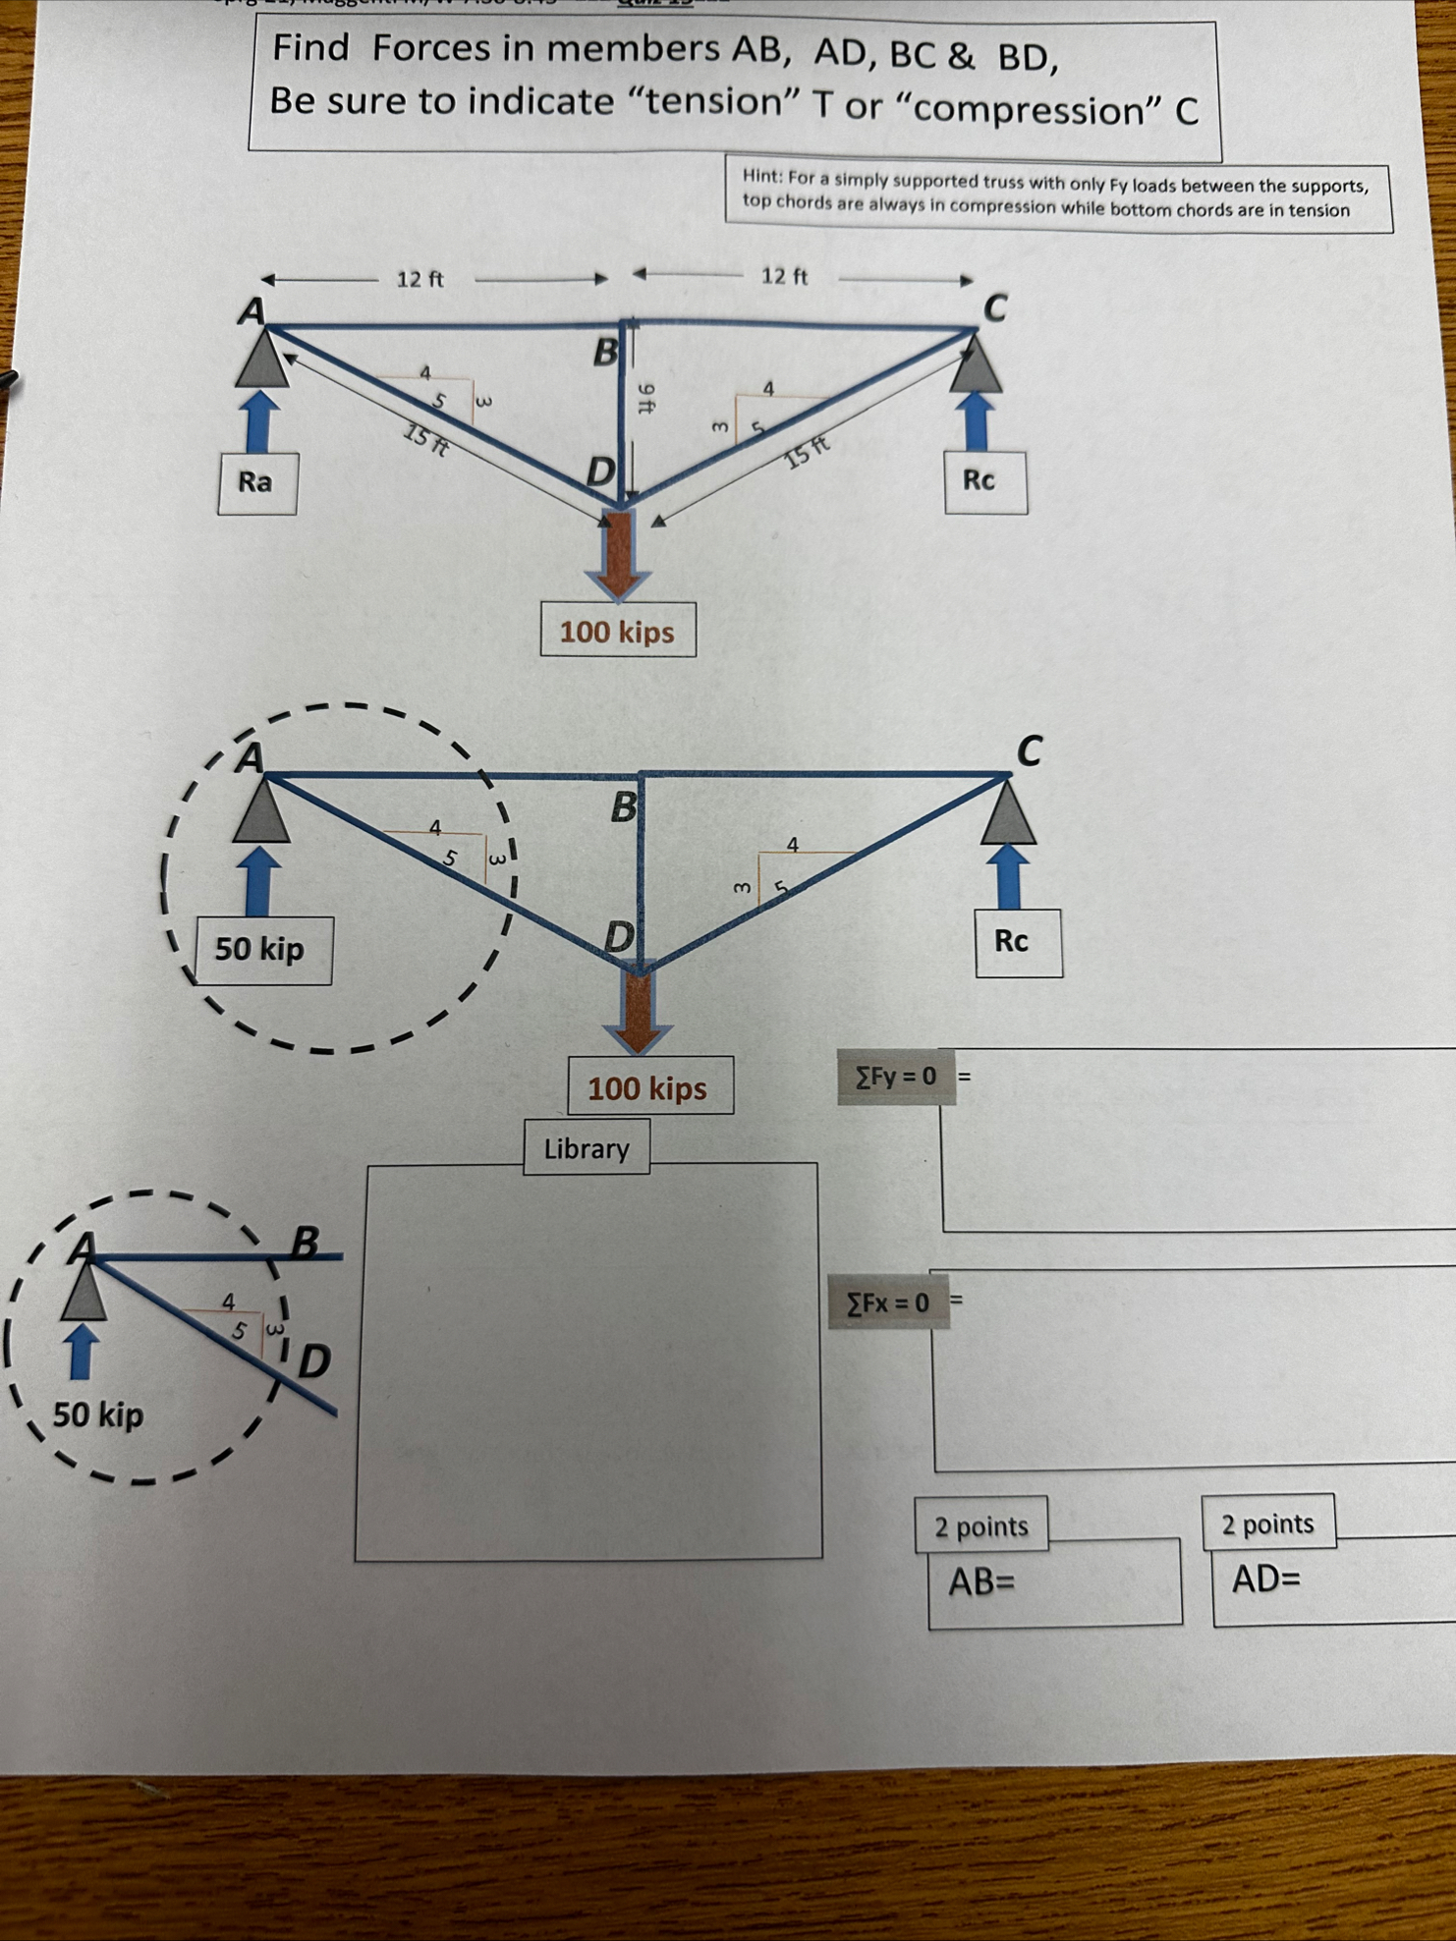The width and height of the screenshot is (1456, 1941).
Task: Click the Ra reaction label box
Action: (x=256, y=482)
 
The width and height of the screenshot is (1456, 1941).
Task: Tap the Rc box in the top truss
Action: (x=984, y=481)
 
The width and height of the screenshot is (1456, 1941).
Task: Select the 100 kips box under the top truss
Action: (x=618, y=631)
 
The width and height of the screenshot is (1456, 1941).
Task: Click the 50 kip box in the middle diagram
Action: (x=261, y=950)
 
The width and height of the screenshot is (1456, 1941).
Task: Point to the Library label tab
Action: (x=587, y=1148)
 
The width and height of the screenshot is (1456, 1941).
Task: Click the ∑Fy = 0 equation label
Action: (x=895, y=1078)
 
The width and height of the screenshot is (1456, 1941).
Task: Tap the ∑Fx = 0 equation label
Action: (x=888, y=1303)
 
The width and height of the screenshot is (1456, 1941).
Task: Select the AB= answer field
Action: (x=1053, y=1582)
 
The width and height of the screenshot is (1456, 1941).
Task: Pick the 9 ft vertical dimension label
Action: (x=645, y=398)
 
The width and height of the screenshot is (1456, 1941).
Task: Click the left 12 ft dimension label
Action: (x=420, y=279)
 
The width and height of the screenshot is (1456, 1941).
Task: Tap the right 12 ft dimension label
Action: (x=784, y=276)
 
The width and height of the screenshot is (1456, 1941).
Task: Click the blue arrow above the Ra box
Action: (x=258, y=420)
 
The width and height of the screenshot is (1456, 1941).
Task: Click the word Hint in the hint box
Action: (x=761, y=177)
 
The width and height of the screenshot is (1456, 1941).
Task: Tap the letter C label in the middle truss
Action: (x=1028, y=751)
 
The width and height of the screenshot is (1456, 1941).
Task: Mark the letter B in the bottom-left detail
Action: (x=306, y=1243)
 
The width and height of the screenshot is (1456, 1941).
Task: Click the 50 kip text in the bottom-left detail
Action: (x=98, y=1415)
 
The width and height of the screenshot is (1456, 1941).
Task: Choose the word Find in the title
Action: (x=309, y=47)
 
